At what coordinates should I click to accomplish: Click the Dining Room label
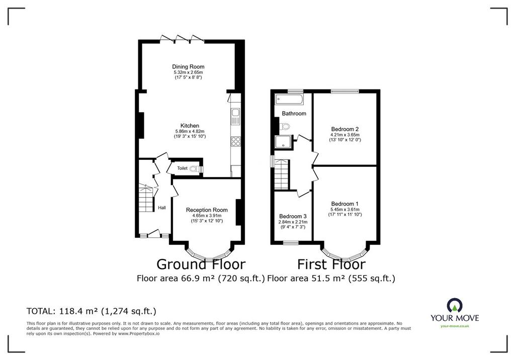[x=188, y=67]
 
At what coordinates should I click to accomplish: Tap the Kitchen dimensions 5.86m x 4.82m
[x=190, y=131]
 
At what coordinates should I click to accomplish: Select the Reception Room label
[x=207, y=210]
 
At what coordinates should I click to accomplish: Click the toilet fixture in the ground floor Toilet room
[x=197, y=169]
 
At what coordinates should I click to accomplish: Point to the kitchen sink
[x=236, y=116]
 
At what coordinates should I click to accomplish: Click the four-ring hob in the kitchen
[x=236, y=141]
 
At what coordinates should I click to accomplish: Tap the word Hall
[x=162, y=208]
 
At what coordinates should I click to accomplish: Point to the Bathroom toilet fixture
[x=284, y=126]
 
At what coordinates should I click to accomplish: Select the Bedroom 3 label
[x=293, y=217]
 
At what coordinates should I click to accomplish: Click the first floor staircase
[x=282, y=174]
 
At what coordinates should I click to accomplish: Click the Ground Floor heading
[x=201, y=264]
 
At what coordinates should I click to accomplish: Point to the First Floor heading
[x=331, y=264]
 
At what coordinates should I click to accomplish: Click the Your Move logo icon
[x=455, y=305]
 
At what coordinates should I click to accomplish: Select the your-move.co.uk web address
[x=455, y=326]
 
